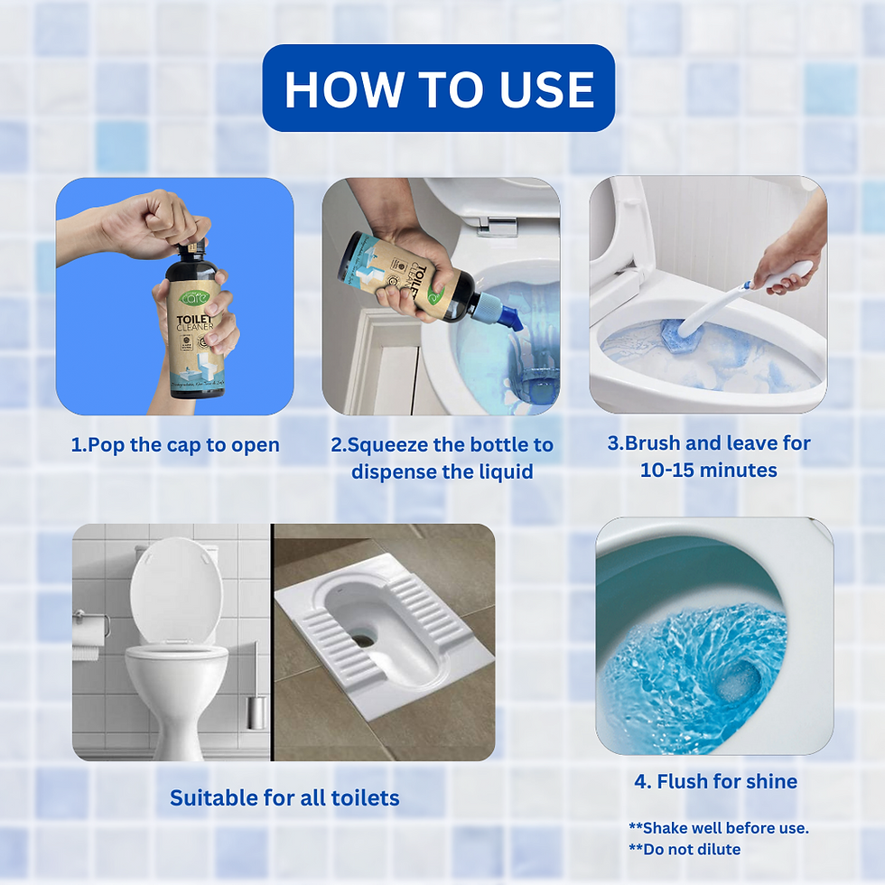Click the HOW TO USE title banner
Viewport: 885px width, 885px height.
tap(439, 88)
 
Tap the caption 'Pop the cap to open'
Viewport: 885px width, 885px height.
tap(175, 444)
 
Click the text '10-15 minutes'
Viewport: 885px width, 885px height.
tap(709, 470)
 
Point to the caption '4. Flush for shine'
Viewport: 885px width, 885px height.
tap(715, 781)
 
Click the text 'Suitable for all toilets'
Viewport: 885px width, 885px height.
tap(284, 797)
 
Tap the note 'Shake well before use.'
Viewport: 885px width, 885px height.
tap(718, 827)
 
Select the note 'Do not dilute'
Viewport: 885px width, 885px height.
tap(685, 849)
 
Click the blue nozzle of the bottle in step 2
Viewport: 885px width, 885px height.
tap(503, 313)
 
